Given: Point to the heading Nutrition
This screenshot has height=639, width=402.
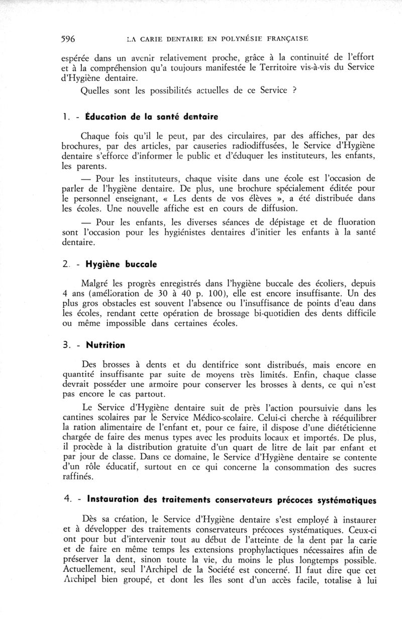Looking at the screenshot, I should [106, 345].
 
